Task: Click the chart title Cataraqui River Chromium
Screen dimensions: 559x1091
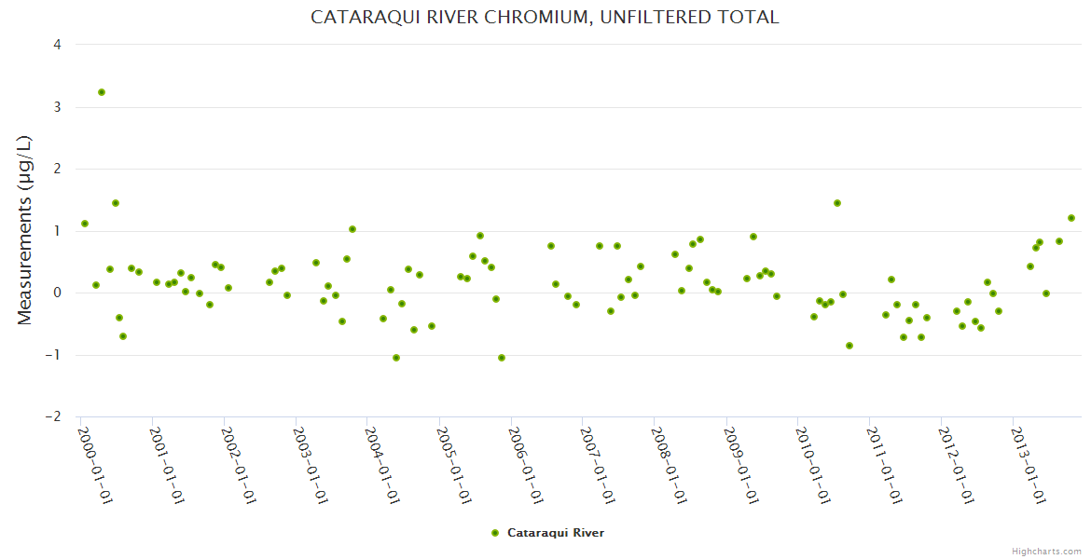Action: point(545,17)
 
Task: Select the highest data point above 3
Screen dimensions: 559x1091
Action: point(102,92)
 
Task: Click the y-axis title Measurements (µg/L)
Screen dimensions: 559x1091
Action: point(25,230)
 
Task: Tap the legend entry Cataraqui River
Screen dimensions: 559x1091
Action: point(556,533)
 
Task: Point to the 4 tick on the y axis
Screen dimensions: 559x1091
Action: point(58,45)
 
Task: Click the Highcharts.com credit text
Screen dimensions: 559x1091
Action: point(1046,551)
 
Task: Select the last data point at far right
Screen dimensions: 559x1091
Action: point(1071,218)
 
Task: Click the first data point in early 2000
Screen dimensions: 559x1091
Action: point(85,224)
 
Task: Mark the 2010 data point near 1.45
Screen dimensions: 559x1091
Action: point(837,203)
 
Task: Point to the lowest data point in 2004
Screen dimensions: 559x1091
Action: point(396,358)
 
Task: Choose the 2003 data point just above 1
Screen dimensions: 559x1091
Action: point(352,229)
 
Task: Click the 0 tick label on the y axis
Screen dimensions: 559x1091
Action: point(58,293)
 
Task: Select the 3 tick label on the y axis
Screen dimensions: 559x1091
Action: point(58,107)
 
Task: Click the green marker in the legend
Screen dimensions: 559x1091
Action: point(495,533)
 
